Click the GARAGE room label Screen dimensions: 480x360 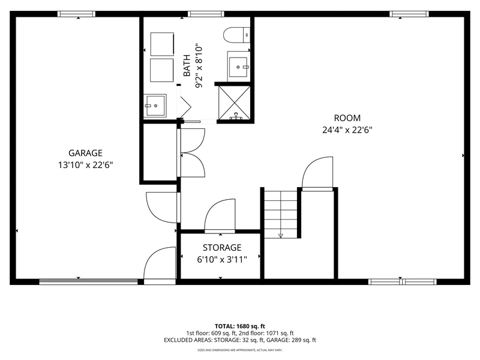pyautogui.click(x=85, y=153)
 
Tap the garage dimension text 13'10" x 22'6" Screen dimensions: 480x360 pyautogui.click(x=85, y=165)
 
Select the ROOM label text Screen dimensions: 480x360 pyautogui.click(x=347, y=118)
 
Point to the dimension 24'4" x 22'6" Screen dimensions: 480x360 pyautogui.click(x=347, y=130)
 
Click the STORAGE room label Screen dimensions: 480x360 pyautogui.click(x=222, y=247)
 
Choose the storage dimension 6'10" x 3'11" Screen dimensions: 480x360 pyautogui.click(x=222, y=260)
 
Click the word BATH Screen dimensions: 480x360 pyautogui.click(x=187, y=65)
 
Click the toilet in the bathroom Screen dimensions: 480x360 pyautogui.click(x=236, y=35)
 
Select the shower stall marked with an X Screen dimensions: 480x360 pyautogui.click(x=234, y=103)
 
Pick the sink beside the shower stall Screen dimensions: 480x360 pyautogui.click(x=238, y=67)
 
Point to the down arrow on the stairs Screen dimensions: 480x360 pyautogui.click(x=281, y=235)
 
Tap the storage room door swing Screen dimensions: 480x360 pyautogui.click(x=220, y=215)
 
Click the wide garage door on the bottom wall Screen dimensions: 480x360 pyautogui.click(x=88, y=281)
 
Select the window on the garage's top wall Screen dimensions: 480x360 pyautogui.click(x=77, y=14)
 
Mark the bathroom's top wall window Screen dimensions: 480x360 pyautogui.click(x=206, y=14)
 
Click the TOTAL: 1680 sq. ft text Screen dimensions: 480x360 pyautogui.click(x=239, y=326)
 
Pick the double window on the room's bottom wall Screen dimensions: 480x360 pyautogui.click(x=403, y=281)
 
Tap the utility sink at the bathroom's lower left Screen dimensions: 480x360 pyautogui.click(x=155, y=106)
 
